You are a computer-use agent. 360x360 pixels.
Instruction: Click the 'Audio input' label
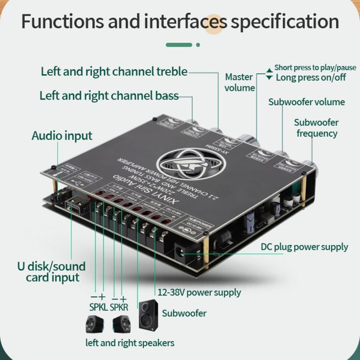(62, 136)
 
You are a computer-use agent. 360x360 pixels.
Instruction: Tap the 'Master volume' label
(239, 82)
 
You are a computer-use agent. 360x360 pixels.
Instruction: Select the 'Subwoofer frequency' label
(317, 128)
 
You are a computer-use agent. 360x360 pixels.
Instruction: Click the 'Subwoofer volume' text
(306, 102)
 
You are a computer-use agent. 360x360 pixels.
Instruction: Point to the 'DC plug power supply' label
(304, 247)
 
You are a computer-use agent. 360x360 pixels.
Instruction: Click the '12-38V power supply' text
(199, 292)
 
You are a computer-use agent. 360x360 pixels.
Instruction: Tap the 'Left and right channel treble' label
(114, 71)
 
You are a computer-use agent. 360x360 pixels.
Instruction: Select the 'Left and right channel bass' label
(109, 96)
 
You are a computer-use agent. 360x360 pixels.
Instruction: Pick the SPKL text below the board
(98, 307)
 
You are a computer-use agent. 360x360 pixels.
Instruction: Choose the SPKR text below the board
(119, 307)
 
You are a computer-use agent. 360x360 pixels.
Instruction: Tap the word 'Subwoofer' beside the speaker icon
(184, 313)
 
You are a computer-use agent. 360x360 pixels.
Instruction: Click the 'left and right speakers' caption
(130, 343)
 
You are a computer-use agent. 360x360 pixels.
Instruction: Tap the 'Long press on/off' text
(311, 77)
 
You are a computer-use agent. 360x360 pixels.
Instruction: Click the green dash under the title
(179, 45)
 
